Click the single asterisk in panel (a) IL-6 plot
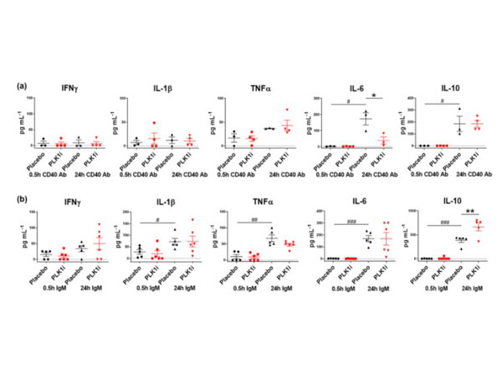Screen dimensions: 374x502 [376, 97]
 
